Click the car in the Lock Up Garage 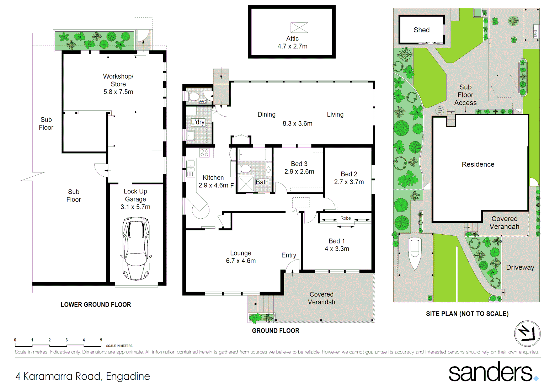pyautogui.click(x=136, y=249)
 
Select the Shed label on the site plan pyautogui.click(x=421, y=30)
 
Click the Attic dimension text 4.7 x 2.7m pyautogui.click(x=292, y=46)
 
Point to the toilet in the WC pyautogui.click(x=194, y=96)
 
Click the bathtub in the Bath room pyautogui.click(x=252, y=155)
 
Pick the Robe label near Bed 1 pyautogui.click(x=345, y=218)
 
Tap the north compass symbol pyautogui.click(x=527, y=334)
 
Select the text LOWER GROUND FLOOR pyautogui.click(x=96, y=305)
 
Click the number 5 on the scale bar pyautogui.click(x=101, y=340)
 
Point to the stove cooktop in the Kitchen pyautogui.click(x=204, y=153)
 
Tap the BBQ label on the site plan pyautogui.click(x=535, y=33)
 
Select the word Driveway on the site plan pyautogui.click(x=520, y=267)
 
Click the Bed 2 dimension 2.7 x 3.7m pyautogui.click(x=349, y=182)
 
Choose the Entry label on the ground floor pyautogui.click(x=288, y=255)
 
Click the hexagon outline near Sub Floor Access pyautogui.click(x=503, y=86)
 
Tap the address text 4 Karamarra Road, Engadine pyautogui.click(x=82, y=376)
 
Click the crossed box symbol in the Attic pyautogui.click(x=299, y=28)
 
